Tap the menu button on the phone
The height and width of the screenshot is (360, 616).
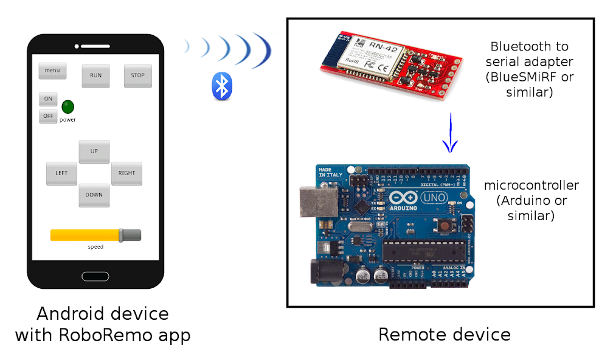click(52, 71)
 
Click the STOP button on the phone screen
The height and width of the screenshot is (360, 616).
click(138, 76)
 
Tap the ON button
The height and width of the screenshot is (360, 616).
click(48, 99)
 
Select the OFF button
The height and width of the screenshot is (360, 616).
click(48, 116)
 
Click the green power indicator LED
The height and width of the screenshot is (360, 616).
click(67, 107)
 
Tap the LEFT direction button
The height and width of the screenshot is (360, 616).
click(61, 173)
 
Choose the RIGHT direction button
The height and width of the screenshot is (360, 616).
click(126, 173)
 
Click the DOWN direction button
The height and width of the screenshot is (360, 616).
click(94, 195)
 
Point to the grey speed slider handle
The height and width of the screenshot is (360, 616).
click(121, 235)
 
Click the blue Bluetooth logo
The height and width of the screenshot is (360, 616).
click(222, 86)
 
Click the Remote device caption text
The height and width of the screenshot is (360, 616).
click(444, 334)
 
